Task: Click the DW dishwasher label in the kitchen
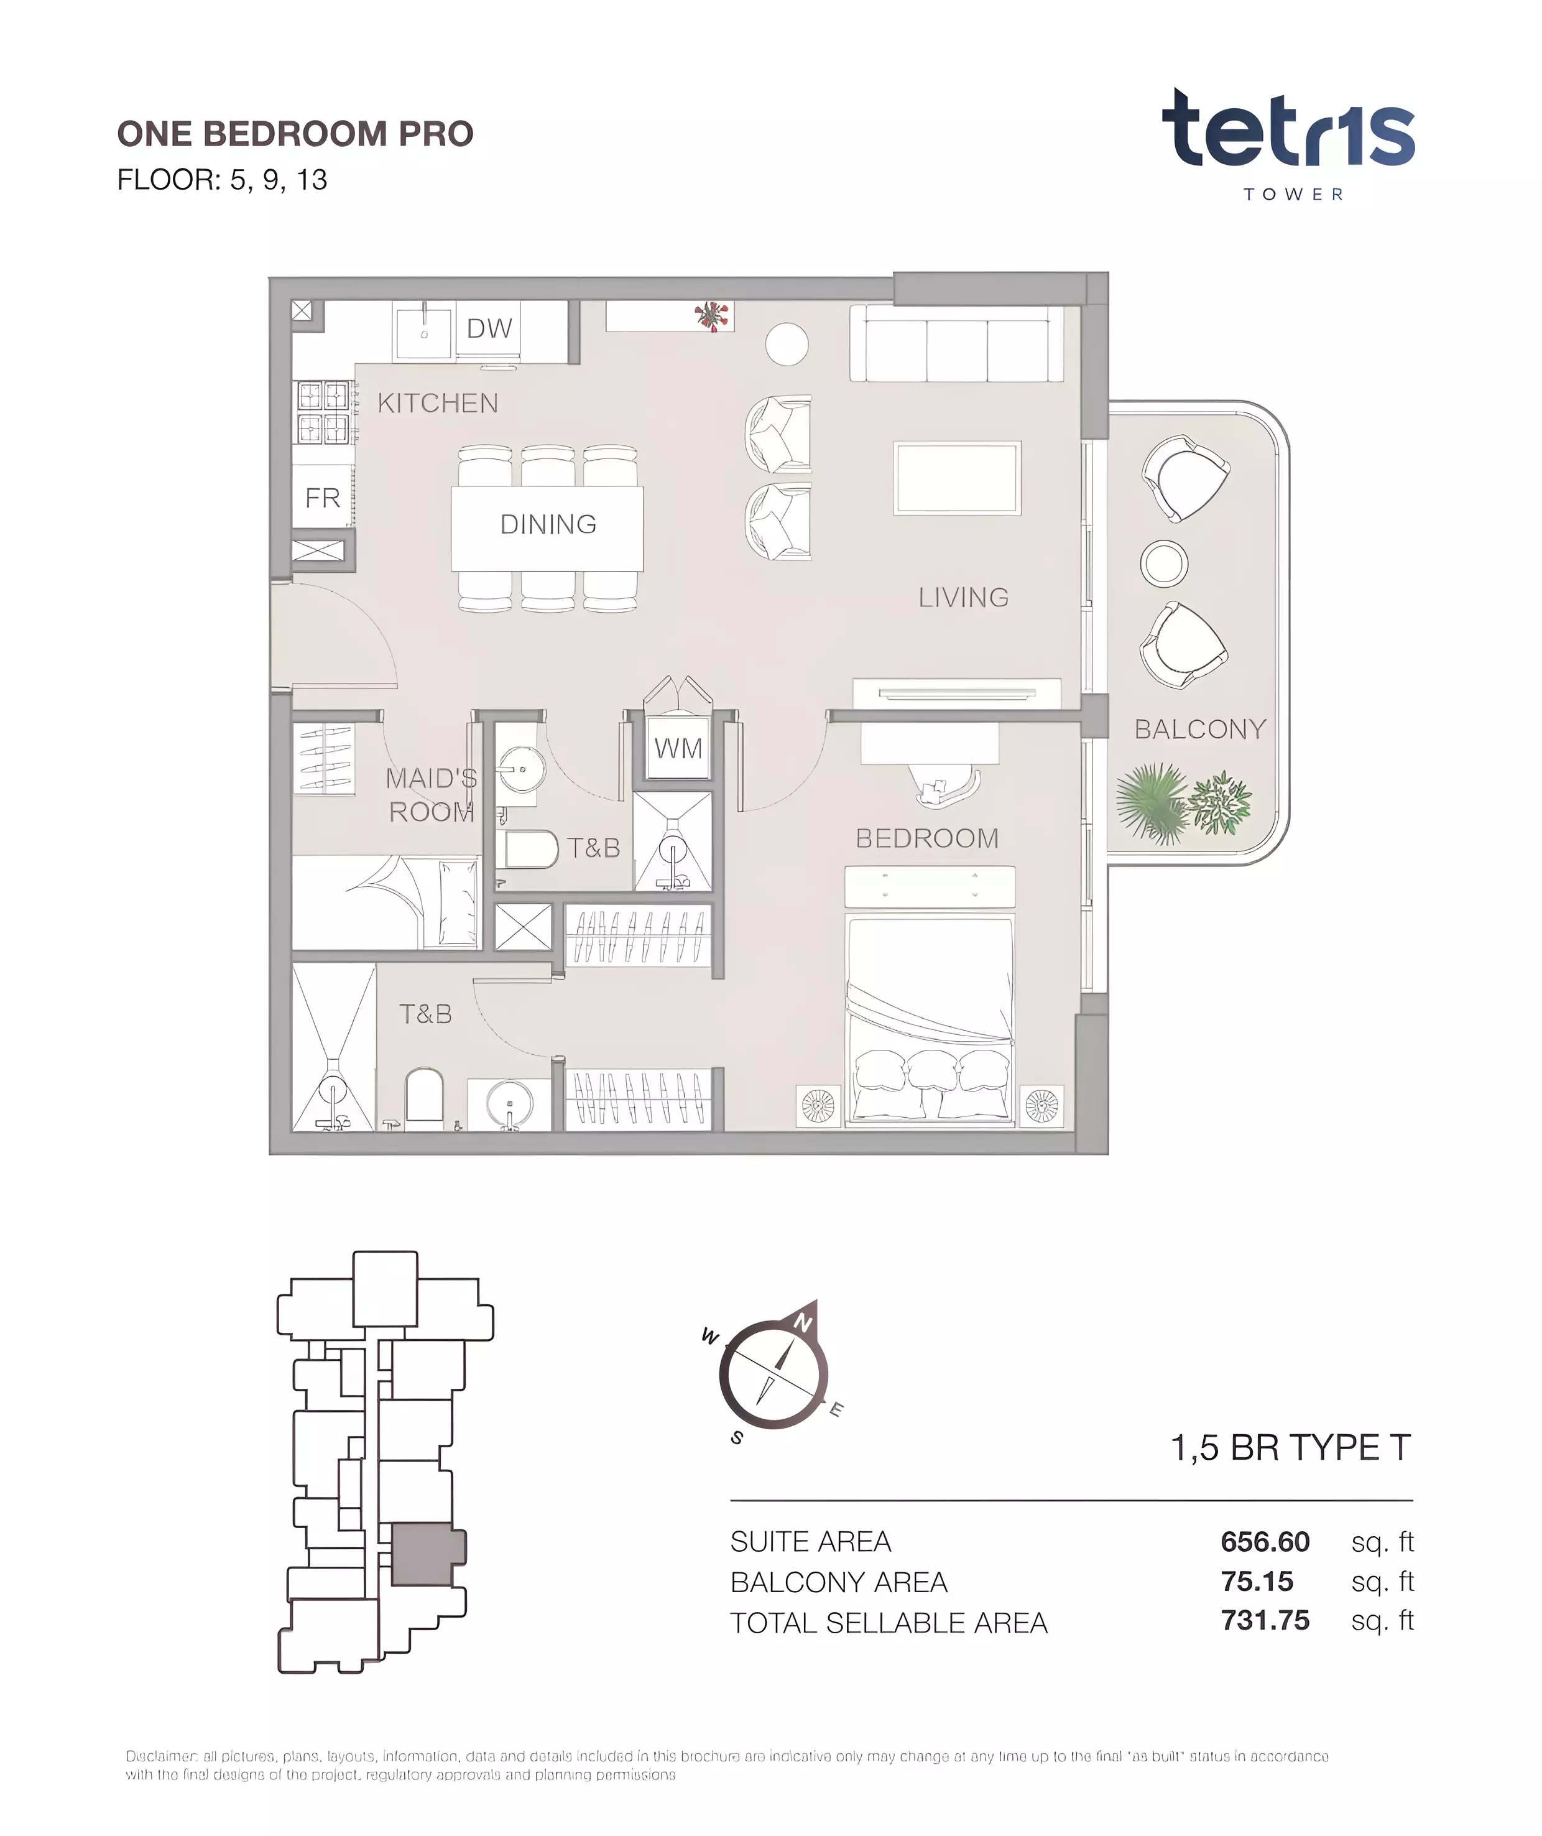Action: (x=489, y=329)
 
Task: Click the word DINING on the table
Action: (x=548, y=524)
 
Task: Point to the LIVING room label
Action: (x=963, y=598)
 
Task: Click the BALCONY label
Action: (x=1200, y=729)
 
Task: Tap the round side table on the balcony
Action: (x=1163, y=563)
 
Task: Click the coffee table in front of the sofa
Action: (x=957, y=478)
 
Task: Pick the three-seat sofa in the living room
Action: (x=957, y=343)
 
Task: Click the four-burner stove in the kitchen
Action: (x=323, y=412)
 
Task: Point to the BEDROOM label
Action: (x=926, y=838)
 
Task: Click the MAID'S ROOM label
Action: (x=432, y=795)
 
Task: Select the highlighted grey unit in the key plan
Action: (x=427, y=1554)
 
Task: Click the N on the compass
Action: (x=803, y=1323)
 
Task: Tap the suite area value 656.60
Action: (x=1265, y=1541)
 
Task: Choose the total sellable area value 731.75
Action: (x=1265, y=1620)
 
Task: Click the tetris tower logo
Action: (x=1288, y=144)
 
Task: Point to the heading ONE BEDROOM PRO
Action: (x=295, y=134)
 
